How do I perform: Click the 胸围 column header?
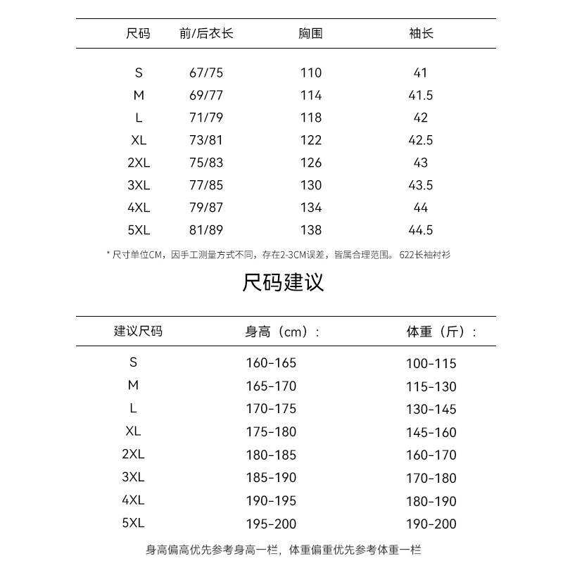[310, 33]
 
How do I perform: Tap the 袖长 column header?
[421, 33]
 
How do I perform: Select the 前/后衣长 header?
[206, 33]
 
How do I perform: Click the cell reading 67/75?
[206, 72]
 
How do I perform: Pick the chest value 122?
[310, 140]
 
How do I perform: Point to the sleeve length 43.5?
[421, 185]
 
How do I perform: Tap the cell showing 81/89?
[206, 230]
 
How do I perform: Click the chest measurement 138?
[310, 230]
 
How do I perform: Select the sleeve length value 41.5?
[421, 95]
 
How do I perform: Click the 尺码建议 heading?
[283, 283]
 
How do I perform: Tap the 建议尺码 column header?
[139, 331]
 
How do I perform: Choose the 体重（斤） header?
[441, 331]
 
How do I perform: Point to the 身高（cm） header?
[282, 331]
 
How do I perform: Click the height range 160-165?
[271, 363]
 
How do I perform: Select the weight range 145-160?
[431, 432]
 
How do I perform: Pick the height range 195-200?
[271, 524]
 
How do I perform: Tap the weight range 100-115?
[431, 364]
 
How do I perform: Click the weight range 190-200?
[431, 524]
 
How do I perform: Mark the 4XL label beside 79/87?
[139, 208]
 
